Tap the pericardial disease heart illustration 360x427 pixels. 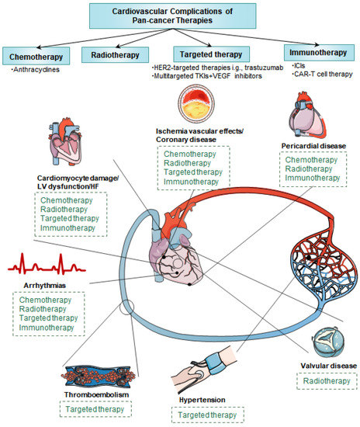pos(314,116)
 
